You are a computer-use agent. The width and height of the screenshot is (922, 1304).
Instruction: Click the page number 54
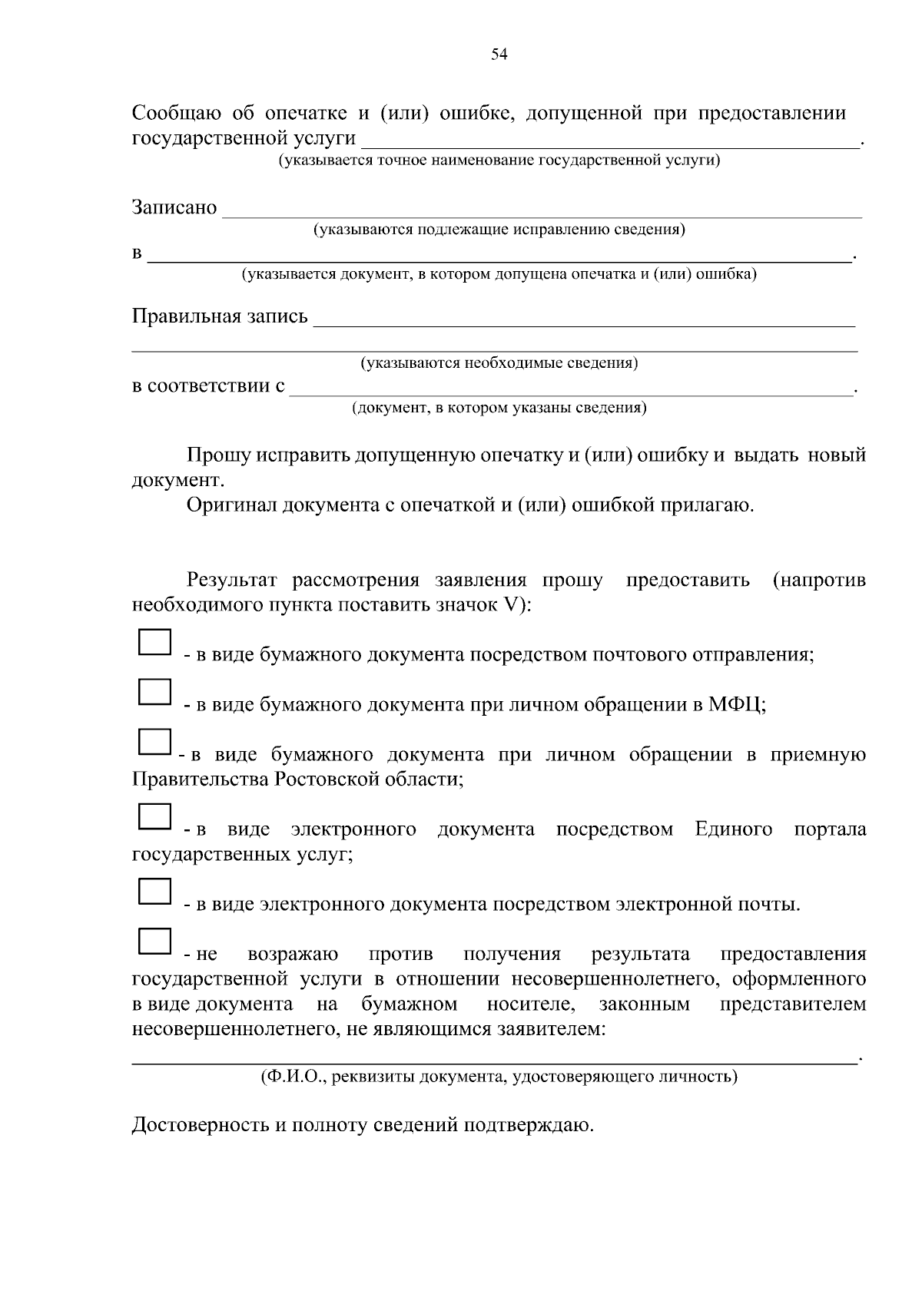click(499, 54)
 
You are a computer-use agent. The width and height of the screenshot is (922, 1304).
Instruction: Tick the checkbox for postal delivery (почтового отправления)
click(154, 642)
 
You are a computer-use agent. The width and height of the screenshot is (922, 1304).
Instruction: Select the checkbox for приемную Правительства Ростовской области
click(154, 741)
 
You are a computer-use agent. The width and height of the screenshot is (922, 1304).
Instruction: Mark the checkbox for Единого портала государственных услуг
click(154, 816)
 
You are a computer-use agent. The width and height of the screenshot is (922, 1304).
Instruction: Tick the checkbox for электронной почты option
click(154, 891)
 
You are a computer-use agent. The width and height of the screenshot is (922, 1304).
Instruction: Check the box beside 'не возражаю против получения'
click(154, 941)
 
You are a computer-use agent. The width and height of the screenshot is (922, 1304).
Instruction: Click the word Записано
click(174, 208)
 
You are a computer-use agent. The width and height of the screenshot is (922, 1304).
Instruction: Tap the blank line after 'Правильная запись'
click(584, 319)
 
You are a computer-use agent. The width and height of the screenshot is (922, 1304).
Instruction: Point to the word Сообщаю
click(177, 114)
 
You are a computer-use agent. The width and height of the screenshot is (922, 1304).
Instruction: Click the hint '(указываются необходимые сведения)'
click(499, 362)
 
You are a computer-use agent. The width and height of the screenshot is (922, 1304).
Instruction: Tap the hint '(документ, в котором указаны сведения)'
click(499, 408)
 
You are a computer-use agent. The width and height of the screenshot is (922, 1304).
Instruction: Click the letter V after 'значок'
click(510, 604)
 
